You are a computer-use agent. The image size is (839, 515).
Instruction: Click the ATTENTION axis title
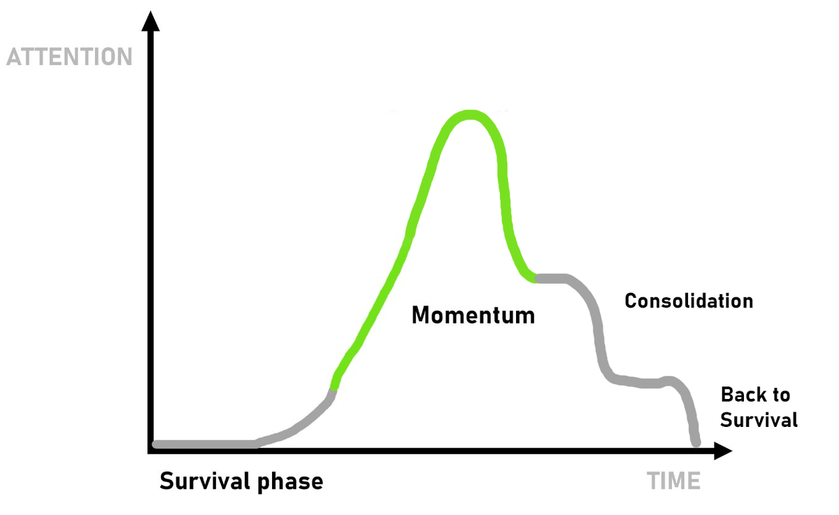coord(69,57)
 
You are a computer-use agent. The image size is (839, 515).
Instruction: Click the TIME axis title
coord(673,481)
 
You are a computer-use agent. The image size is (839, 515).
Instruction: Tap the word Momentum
coord(473,315)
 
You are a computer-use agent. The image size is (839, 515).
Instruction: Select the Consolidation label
coord(689,301)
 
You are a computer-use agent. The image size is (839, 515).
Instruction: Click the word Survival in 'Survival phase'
coord(205,481)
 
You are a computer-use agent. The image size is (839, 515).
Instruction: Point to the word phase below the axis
coord(290,482)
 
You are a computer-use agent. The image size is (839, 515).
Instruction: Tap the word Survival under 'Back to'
coord(759,419)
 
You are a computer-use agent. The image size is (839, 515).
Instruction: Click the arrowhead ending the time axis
coord(723,451)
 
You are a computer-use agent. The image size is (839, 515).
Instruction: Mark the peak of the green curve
coord(470,115)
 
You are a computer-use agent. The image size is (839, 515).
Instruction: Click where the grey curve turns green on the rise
coord(333,390)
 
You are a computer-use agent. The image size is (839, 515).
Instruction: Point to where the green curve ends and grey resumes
coord(536,278)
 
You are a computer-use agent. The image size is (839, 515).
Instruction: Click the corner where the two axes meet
coord(150,451)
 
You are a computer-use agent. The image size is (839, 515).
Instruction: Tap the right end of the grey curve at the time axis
coord(696,443)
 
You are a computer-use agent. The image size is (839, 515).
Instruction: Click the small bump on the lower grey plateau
coord(669,381)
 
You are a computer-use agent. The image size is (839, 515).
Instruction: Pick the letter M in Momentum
coord(420,315)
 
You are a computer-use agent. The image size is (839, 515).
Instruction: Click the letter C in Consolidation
coord(631,301)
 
